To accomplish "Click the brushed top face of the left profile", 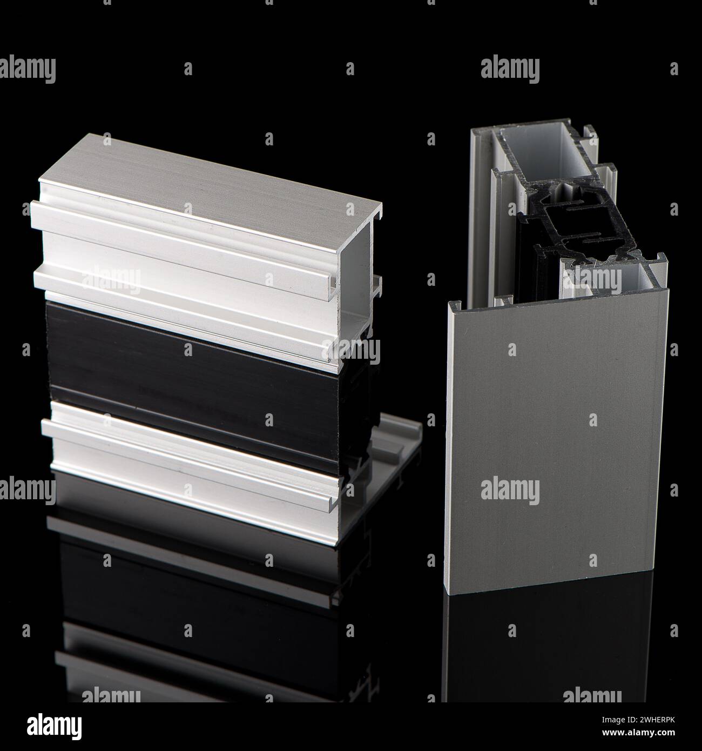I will (x=216, y=173).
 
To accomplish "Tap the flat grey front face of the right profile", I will (x=556, y=443).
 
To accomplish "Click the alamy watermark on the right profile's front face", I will (x=510, y=492).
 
